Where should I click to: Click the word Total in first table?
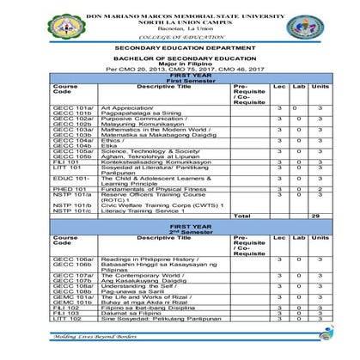click(x=241, y=215)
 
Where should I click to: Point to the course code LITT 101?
click(x=65, y=167)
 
